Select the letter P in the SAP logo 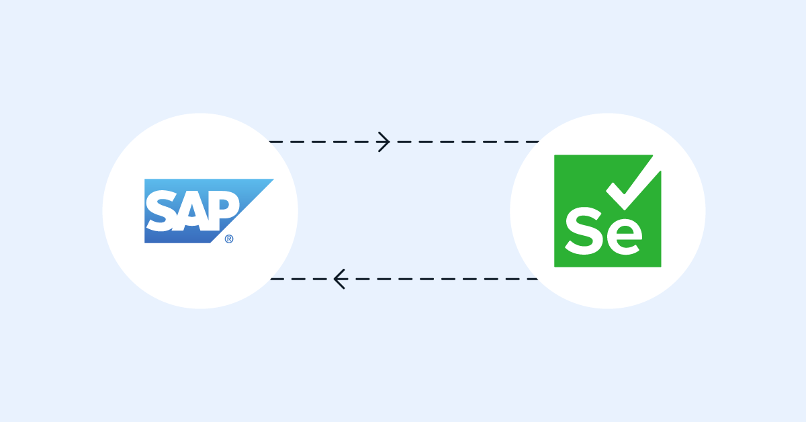coord(223,209)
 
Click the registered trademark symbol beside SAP coord(229,239)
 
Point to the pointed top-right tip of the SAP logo coord(273,179)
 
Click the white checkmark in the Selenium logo coord(634,183)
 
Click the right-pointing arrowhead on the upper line coord(384,142)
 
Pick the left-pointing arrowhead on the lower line coord(339,279)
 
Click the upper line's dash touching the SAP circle coord(275,142)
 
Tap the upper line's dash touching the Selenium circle coord(532,142)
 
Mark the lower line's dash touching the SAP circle coord(277,279)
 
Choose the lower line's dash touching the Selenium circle coord(531,279)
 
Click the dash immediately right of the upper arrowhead coord(404,142)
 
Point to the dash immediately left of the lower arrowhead coord(320,279)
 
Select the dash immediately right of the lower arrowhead coord(363,279)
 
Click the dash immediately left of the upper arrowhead coord(361,142)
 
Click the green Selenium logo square coord(607,211)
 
